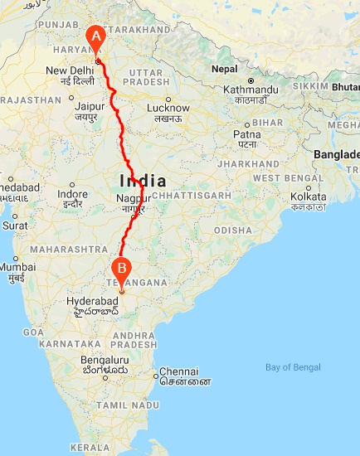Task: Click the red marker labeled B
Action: pos(122,269)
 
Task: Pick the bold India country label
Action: pos(143,181)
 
